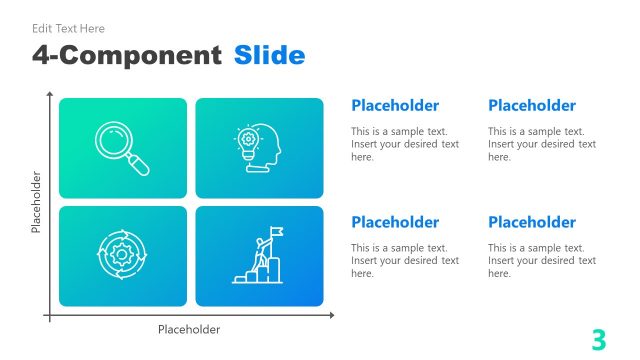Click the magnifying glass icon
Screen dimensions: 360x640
click(x=122, y=148)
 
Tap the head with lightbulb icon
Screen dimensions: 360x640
click(x=259, y=148)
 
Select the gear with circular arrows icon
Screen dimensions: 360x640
click(x=122, y=256)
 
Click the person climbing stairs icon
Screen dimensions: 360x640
click(x=259, y=256)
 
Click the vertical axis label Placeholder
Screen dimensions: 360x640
click(x=36, y=202)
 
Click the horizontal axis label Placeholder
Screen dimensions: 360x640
click(x=189, y=329)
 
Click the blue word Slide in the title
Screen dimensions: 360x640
click(x=270, y=55)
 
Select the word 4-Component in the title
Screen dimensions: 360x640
click(x=126, y=55)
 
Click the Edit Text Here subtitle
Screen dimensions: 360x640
click(x=68, y=29)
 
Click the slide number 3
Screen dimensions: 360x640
click(x=599, y=340)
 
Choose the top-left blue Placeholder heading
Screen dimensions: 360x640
click(x=395, y=105)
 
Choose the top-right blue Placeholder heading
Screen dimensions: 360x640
click(x=532, y=105)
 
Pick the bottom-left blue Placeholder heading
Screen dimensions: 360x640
click(x=395, y=222)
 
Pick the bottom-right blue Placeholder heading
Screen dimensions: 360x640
click(x=532, y=222)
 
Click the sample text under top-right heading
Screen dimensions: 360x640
click(x=542, y=144)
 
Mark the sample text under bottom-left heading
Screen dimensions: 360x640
click(x=405, y=261)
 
